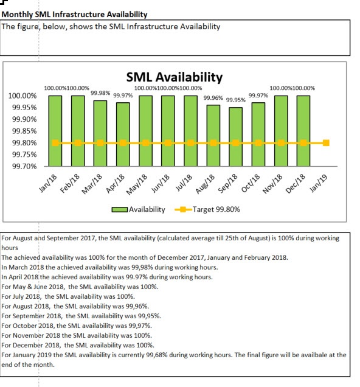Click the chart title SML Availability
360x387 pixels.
click(x=175, y=77)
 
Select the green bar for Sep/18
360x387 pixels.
click(x=235, y=137)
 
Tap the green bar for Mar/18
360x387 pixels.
click(x=100, y=133)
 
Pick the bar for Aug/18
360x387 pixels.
click(x=213, y=136)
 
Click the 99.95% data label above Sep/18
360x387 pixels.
click(x=236, y=100)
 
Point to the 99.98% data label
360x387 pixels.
click(x=100, y=93)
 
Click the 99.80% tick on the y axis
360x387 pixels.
click(x=24, y=143)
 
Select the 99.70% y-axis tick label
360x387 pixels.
click(x=24, y=166)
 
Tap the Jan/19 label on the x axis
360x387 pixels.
click(x=318, y=183)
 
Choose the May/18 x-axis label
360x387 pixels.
click(x=137, y=184)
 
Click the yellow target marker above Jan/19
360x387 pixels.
click(x=326, y=143)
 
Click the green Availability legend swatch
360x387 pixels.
click(x=120, y=209)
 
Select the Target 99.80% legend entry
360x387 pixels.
click(x=207, y=209)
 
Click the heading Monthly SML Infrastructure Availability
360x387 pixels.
click(x=74, y=15)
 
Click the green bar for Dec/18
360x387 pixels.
click(x=303, y=131)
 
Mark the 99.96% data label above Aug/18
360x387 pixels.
click(x=213, y=98)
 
